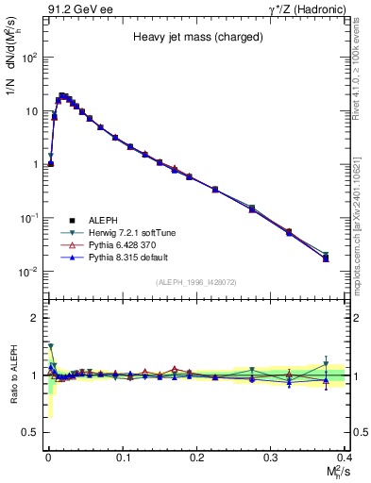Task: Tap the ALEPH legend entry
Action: tap(99, 219)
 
